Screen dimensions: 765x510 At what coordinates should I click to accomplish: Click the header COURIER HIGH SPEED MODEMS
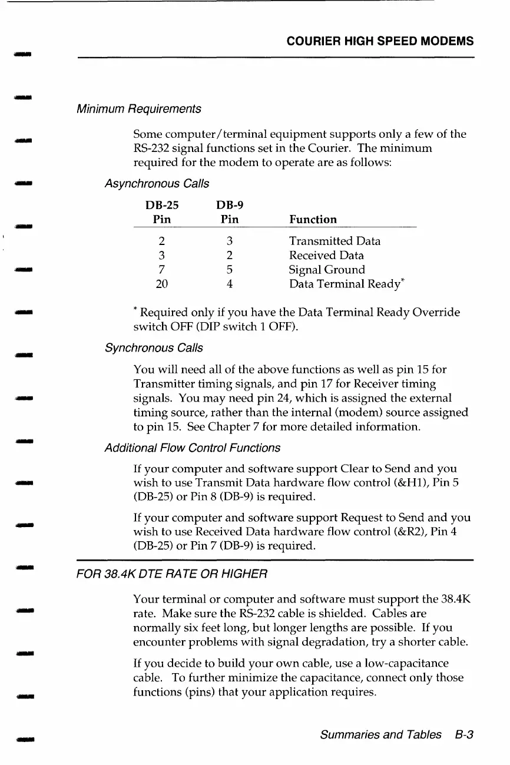tap(380, 41)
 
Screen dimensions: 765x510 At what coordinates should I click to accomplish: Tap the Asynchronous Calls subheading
tap(156, 184)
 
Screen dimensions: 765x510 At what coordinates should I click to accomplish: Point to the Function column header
tap(313, 220)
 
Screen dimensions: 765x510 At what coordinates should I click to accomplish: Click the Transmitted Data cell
tap(335, 241)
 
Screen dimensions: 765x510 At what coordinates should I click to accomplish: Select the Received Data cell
tap(326, 256)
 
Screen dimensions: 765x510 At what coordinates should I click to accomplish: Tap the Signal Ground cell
tap(327, 270)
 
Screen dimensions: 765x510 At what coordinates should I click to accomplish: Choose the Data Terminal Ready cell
tap(345, 284)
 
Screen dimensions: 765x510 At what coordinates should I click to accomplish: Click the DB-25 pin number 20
tap(161, 284)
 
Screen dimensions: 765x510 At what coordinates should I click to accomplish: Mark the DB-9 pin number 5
tap(230, 270)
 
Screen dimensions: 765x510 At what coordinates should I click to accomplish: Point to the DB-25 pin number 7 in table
tap(161, 270)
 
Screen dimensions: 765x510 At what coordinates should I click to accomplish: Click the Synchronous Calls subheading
tap(153, 347)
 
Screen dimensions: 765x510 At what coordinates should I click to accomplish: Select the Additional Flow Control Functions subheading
tap(192, 448)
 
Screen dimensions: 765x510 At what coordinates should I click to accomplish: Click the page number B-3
tap(464, 735)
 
